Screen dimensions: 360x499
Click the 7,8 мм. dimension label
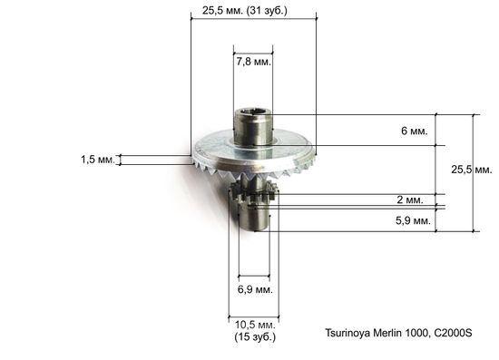click(x=253, y=63)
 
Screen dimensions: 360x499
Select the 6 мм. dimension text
click(x=413, y=131)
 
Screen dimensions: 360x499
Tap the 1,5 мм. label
click(x=97, y=160)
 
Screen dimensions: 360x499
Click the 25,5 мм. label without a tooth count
click(x=471, y=170)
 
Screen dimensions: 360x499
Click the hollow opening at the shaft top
click(x=253, y=114)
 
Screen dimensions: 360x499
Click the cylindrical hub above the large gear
click(x=253, y=130)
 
